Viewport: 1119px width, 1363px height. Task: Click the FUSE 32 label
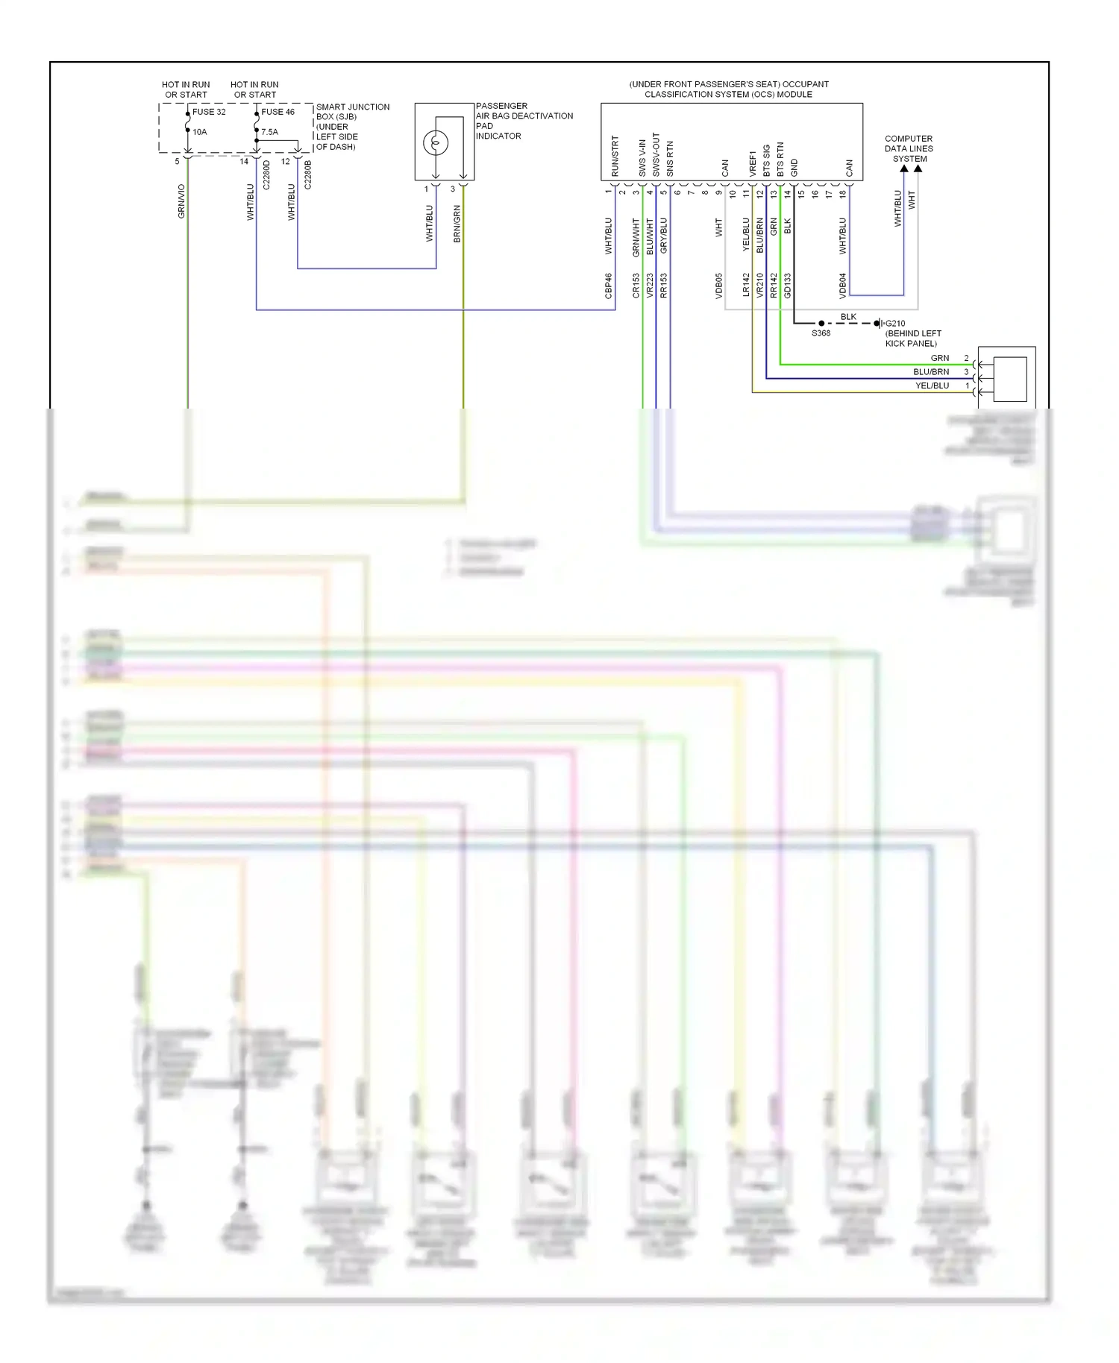point(209,112)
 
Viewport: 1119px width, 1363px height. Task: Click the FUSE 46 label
point(278,112)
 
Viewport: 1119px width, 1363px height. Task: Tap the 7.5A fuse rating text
point(269,132)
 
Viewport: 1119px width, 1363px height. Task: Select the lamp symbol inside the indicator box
point(436,142)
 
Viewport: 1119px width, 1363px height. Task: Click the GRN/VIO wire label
point(181,201)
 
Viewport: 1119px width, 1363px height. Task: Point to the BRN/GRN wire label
point(457,224)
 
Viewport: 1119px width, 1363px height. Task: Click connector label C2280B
point(308,174)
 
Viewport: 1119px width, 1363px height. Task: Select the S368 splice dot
point(821,324)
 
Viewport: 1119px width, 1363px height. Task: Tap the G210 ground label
point(895,324)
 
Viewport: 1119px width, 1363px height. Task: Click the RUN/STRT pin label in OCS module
point(615,156)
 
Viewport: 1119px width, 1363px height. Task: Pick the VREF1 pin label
point(753,163)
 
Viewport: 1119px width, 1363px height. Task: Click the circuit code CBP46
point(609,286)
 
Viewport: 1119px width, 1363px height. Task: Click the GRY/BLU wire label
point(664,236)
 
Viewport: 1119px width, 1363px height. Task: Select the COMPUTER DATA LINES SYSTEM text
point(909,148)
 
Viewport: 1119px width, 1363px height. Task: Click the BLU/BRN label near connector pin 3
point(931,372)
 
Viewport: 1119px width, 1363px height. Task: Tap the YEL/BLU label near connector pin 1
point(932,385)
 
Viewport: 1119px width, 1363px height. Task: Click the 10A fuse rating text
point(200,132)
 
